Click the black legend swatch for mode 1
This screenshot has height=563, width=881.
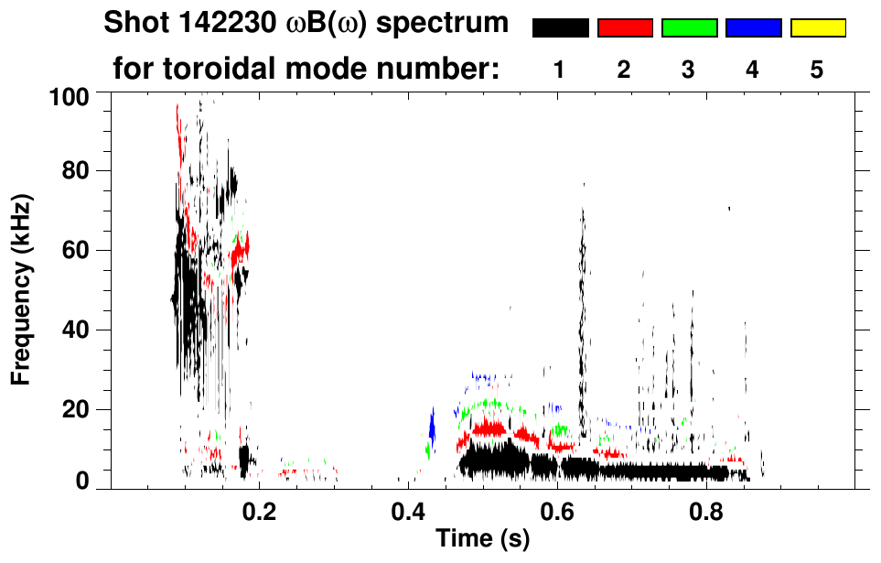(x=560, y=28)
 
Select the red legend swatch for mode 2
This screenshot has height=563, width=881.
(x=625, y=28)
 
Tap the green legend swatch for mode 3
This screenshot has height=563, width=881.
(x=689, y=28)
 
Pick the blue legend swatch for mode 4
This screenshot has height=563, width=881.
(x=753, y=28)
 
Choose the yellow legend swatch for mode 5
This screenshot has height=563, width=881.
(x=817, y=28)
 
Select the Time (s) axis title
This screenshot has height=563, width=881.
(x=482, y=540)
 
